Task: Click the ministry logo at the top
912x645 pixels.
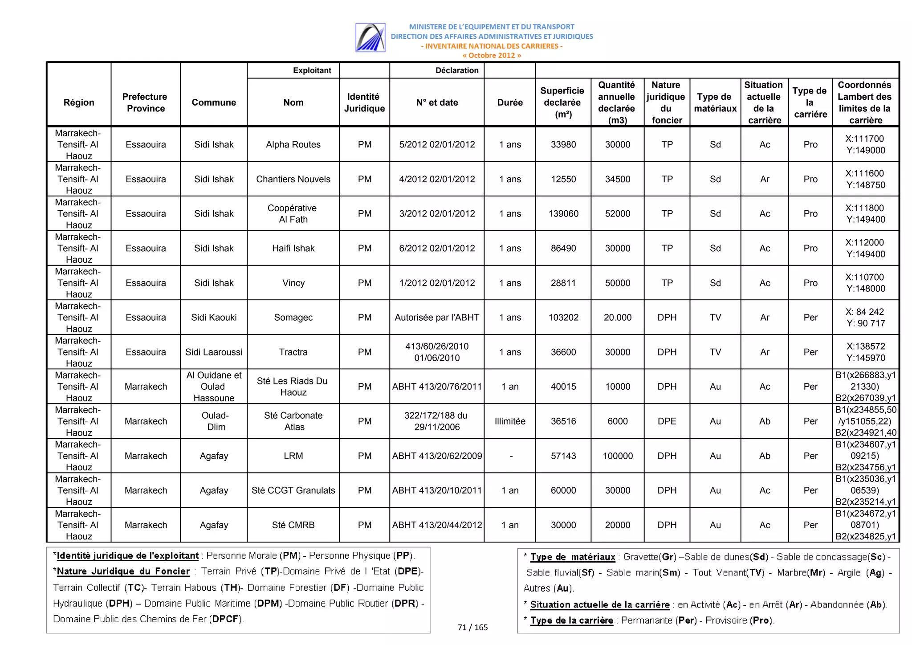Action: tap(370, 38)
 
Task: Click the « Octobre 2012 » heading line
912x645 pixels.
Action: tap(491, 56)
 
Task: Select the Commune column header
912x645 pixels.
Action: tap(214, 102)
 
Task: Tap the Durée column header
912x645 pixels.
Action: tap(509, 102)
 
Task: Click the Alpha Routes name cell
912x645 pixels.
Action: tap(293, 144)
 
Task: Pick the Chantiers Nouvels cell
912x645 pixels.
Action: tap(293, 179)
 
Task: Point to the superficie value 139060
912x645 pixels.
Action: tap(563, 214)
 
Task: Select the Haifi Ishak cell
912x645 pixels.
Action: tap(293, 248)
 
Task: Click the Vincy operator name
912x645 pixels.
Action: tap(293, 283)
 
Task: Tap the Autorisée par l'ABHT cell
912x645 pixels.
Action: tap(436, 318)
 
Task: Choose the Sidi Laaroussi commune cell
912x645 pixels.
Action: tap(214, 352)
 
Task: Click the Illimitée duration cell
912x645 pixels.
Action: tap(509, 421)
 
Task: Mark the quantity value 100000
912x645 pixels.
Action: tap(617, 456)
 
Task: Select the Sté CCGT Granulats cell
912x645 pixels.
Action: tap(293, 490)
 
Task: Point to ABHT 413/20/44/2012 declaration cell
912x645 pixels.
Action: tap(436, 525)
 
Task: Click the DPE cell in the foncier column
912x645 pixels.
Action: tap(667, 421)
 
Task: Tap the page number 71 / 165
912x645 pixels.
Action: tap(472, 627)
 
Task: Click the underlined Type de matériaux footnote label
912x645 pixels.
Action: tap(572, 557)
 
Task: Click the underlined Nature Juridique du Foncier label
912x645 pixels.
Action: tap(123, 572)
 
